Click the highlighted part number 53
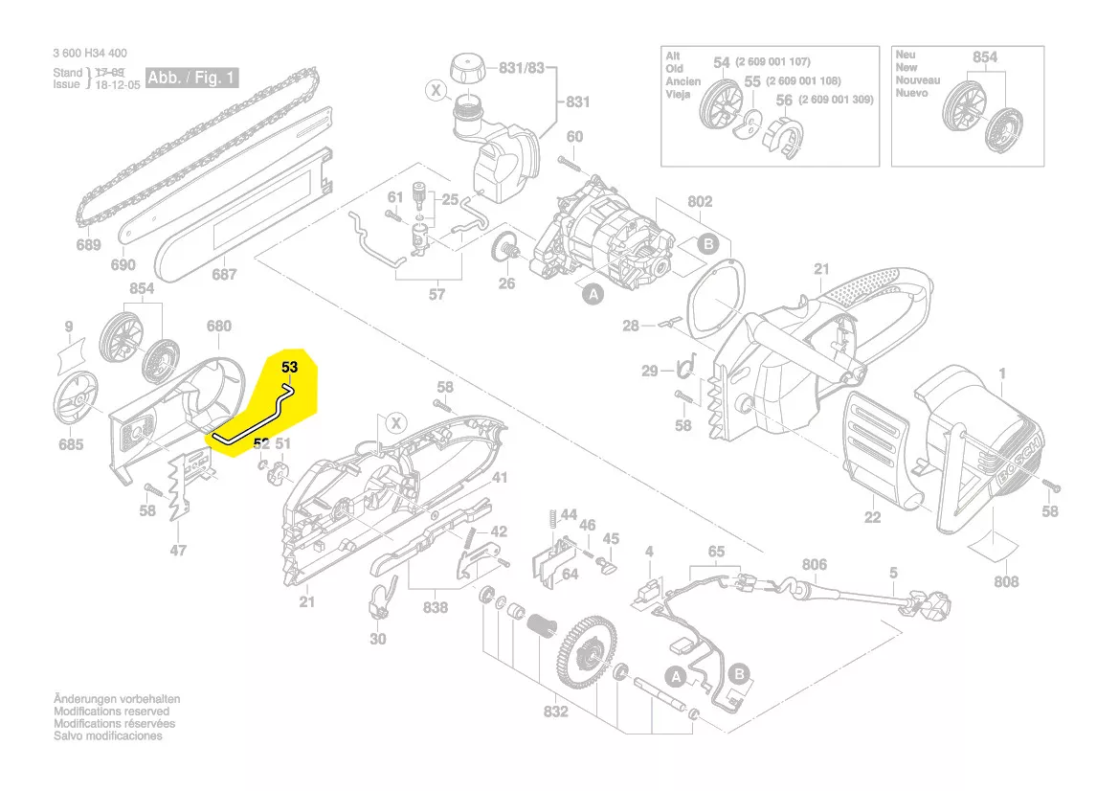290,367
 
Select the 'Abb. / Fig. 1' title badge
192,78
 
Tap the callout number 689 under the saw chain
88,245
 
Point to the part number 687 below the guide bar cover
224,274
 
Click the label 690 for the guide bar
123,265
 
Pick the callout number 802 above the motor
700,202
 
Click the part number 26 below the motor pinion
506,283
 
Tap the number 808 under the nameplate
1006,581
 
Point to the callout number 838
436,608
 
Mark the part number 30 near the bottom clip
377,639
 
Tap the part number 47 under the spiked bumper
178,551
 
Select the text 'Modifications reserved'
111,712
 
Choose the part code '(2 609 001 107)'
772,62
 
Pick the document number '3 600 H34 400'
90,54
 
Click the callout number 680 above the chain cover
219,326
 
